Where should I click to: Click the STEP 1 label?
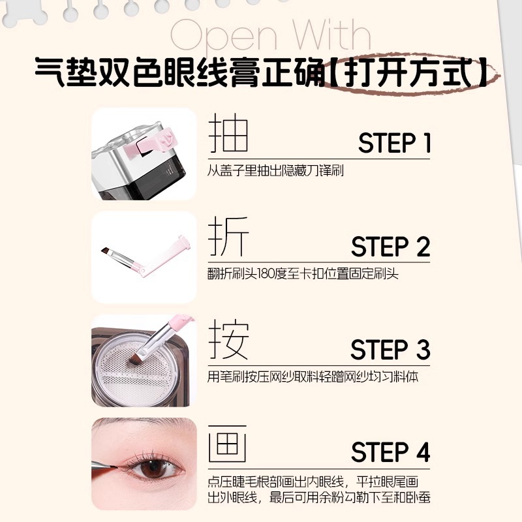tap(394, 143)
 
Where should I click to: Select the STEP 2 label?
tap(390, 247)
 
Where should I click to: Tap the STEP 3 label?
tap(390, 350)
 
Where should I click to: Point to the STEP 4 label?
tap(390, 452)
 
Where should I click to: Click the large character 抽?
tap(228, 135)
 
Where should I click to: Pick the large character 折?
tap(228, 238)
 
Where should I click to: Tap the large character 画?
tap(228, 444)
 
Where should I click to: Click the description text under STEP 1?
tap(275, 170)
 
